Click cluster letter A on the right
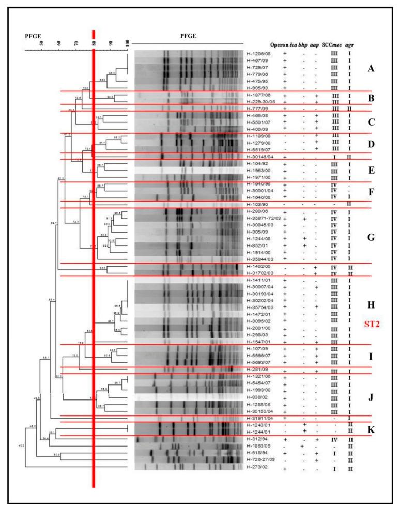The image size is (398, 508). tap(370, 69)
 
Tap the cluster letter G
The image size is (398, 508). tap(370, 238)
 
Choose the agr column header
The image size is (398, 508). tap(351, 44)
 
